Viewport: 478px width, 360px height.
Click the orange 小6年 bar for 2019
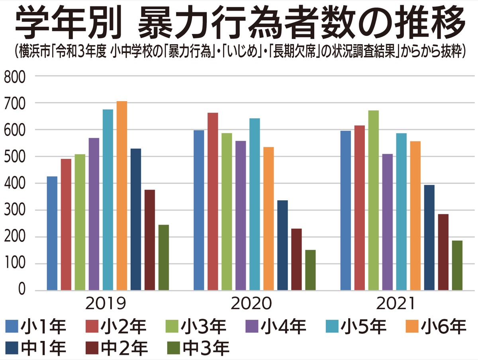click(x=121, y=196)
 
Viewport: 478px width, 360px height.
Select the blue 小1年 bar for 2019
click(x=52, y=233)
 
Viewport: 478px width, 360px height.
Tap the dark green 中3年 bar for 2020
click(x=310, y=270)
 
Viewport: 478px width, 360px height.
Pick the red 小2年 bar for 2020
click(x=213, y=201)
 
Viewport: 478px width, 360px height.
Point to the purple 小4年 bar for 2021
click(x=387, y=222)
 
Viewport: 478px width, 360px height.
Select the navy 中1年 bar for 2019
click(x=135, y=219)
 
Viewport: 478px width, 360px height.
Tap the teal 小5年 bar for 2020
click(x=255, y=204)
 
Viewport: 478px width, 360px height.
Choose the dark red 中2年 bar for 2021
click(x=443, y=252)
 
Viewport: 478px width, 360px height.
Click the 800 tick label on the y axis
click(x=14, y=76)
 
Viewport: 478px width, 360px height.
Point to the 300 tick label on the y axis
click(x=14, y=210)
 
